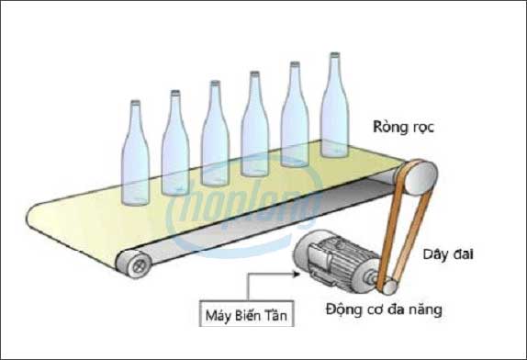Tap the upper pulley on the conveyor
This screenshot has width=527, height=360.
417,174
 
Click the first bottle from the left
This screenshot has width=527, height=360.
135,156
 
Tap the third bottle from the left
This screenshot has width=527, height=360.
215,138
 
